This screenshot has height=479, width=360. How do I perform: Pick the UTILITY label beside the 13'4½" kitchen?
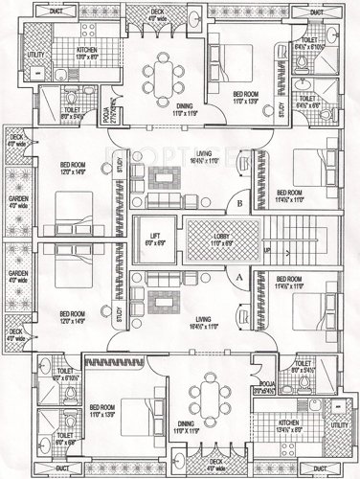(x=337, y=422)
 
